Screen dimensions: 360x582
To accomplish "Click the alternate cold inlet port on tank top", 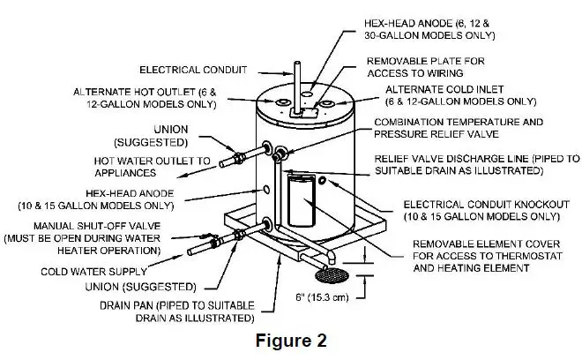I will (327, 103).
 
